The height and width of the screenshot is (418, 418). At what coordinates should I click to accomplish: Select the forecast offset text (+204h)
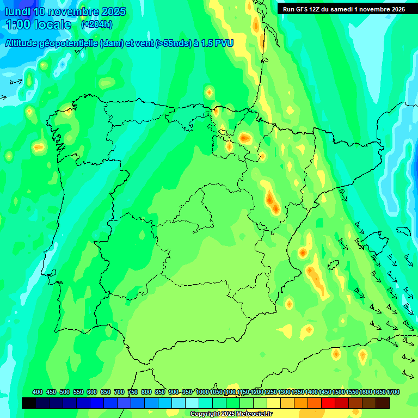coord(96,24)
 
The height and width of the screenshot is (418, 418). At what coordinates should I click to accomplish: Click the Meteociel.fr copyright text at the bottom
coord(231,414)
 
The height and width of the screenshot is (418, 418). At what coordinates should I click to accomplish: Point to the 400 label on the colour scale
coord(38,392)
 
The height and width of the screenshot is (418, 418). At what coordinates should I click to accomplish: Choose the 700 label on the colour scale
coord(119,392)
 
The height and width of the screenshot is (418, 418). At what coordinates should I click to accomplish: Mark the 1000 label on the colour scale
coord(202,392)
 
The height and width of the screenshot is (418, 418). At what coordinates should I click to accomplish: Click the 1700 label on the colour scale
coord(393,392)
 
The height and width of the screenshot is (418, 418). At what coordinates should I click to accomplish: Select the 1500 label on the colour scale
coord(339,392)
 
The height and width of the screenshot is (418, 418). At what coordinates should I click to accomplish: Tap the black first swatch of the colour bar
coord(29,403)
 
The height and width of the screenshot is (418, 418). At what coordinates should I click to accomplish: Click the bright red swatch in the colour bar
coord(328,403)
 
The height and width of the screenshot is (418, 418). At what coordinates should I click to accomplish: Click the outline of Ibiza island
coord(333,265)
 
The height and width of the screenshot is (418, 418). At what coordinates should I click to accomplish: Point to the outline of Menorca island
coord(403,231)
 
